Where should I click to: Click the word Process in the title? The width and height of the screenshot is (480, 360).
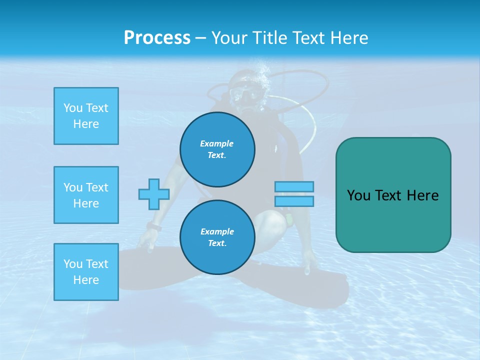(157, 38)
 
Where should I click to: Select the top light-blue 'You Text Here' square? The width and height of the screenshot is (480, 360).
(86, 116)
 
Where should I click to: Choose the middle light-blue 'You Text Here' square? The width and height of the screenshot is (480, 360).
(86, 195)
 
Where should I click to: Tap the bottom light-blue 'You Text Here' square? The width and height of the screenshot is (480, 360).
(86, 272)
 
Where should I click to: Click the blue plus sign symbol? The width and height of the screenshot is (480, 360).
(154, 194)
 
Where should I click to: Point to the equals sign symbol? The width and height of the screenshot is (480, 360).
(294, 194)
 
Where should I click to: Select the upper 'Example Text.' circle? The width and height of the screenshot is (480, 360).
(217, 149)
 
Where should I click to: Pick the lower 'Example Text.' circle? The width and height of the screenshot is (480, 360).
(217, 237)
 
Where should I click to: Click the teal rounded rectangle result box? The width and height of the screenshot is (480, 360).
(393, 195)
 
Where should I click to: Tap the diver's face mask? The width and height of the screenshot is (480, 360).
(246, 93)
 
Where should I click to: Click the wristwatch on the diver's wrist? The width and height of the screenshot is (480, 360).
(154, 227)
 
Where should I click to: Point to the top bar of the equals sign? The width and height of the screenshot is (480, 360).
(294, 186)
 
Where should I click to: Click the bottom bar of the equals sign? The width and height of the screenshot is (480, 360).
(294, 201)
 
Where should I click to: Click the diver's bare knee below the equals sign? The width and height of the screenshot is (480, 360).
(272, 220)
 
